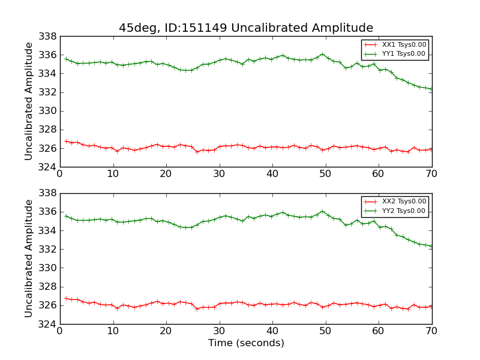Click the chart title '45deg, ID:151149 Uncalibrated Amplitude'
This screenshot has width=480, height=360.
[x=246, y=28]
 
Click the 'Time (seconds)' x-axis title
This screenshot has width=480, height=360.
[x=246, y=343]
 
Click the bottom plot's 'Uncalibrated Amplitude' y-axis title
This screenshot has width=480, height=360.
[x=29, y=259]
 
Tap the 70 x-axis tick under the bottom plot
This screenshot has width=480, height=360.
[x=432, y=331]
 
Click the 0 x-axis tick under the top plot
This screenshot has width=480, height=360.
[x=59, y=174]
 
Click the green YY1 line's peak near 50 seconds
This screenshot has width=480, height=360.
[x=322, y=54]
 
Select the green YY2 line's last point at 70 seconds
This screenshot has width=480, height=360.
[x=431, y=246]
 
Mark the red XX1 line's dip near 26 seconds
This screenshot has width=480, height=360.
[x=197, y=151]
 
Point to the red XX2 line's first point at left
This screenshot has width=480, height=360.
[x=65, y=298]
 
